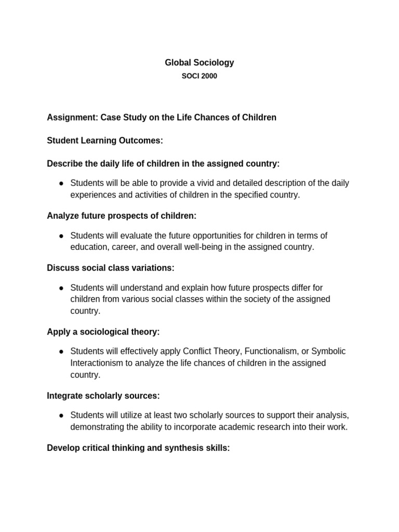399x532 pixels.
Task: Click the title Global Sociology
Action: pyautogui.click(x=199, y=62)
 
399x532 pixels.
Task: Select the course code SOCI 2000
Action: pyautogui.click(x=199, y=76)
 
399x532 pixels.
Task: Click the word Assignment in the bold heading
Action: pyautogui.click(x=71, y=117)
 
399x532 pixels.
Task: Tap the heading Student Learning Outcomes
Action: pyautogui.click(x=105, y=140)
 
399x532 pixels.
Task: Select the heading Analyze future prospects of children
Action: pyautogui.click(x=122, y=215)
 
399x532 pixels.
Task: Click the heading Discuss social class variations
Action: pyautogui.click(x=111, y=268)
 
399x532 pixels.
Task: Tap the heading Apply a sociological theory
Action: pyautogui.click(x=103, y=331)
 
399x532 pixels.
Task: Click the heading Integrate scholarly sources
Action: pyautogui.click(x=103, y=395)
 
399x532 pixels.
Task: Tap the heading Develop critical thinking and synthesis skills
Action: pyautogui.click(x=138, y=447)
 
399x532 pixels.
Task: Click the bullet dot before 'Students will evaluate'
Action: pyautogui.click(x=61, y=236)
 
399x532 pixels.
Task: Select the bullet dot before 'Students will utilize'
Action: pyautogui.click(x=61, y=416)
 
